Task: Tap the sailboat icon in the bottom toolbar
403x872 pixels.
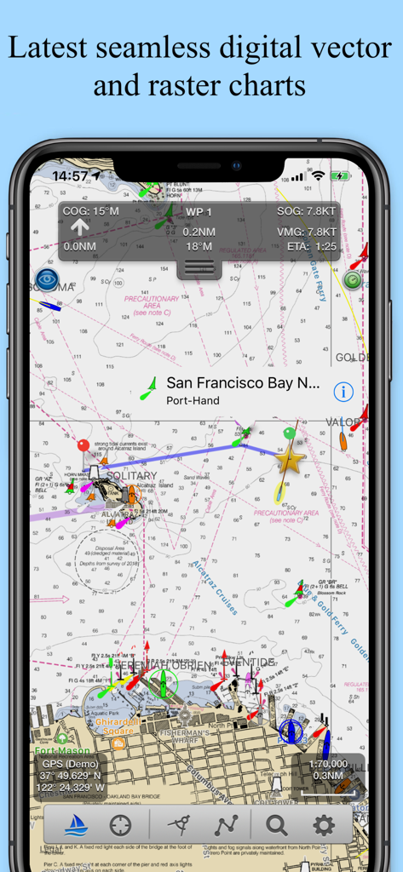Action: click(x=75, y=825)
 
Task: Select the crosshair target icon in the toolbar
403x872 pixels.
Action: click(x=121, y=825)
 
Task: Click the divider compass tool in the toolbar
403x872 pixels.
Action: click(x=179, y=825)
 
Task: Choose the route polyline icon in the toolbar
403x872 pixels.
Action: click(x=227, y=825)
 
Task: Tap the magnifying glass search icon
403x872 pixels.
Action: click(x=276, y=825)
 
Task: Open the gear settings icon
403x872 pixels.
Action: click(x=323, y=825)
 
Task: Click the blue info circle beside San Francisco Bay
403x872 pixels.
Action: click(x=343, y=392)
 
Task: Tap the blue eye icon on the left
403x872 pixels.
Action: click(x=47, y=278)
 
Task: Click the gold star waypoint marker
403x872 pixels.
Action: click(x=290, y=461)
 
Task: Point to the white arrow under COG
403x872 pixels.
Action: click(x=79, y=227)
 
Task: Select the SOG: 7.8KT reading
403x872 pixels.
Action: click(x=307, y=211)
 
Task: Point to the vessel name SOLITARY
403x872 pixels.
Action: click(x=131, y=476)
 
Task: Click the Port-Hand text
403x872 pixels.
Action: click(x=193, y=400)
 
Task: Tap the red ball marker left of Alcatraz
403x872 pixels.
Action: click(x=83, y=445)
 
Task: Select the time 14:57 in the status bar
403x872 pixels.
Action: click(x=70, y=176)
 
